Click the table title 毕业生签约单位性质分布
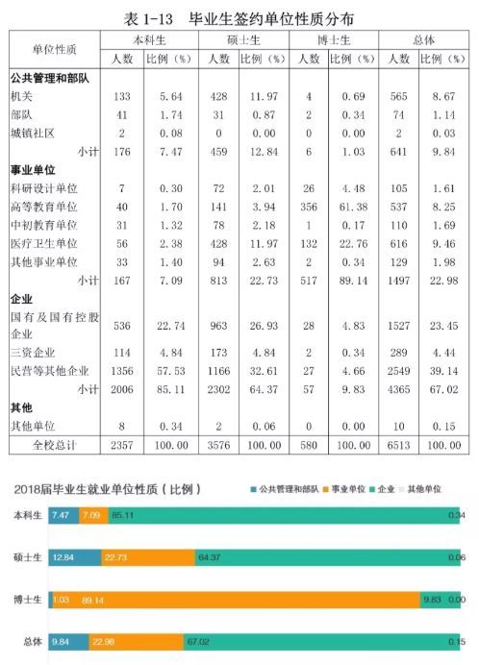click(271, 18)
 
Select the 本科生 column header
click(149, 40)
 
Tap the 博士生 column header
click(334, 40)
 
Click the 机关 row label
click(21, 96)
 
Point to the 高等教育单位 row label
click(43, 207)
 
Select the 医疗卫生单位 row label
click(43, 243)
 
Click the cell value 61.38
click(353, 207)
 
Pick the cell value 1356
click(122, 371)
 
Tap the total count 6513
click(399, 445)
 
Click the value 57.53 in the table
click(170, 371)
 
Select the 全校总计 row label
click(55, 445)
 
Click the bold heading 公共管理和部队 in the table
click(50, 78)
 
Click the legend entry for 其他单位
click(420, 489)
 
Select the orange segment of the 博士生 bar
click(237, 600)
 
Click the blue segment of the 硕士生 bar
click(75, 557)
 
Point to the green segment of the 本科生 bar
click(284, 515)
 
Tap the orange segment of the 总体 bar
click(137, 642)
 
